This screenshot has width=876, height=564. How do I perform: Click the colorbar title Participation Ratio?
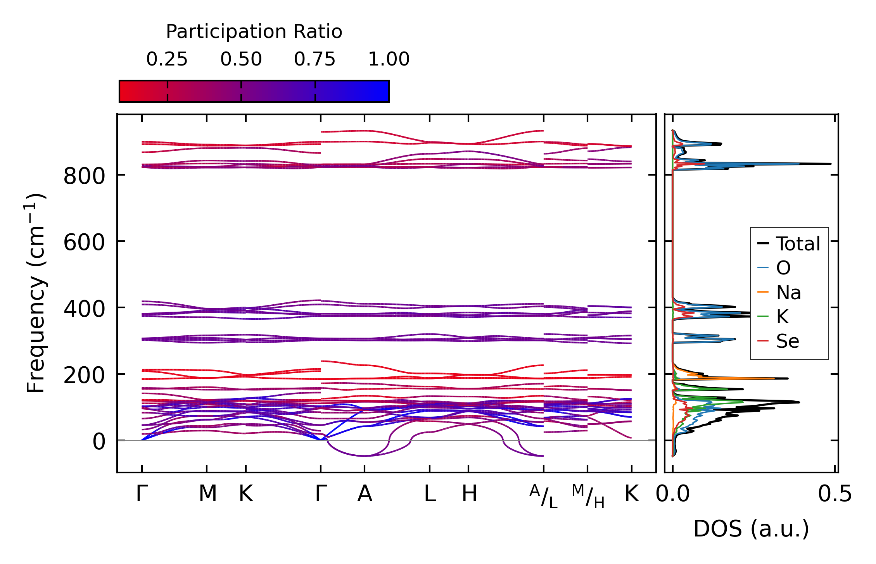254,32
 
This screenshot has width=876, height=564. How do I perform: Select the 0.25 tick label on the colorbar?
167,59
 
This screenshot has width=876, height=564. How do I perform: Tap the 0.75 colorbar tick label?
314,59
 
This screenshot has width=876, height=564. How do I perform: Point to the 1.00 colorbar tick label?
389,59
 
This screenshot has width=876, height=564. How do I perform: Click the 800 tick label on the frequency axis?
84,176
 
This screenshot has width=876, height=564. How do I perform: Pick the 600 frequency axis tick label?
84,243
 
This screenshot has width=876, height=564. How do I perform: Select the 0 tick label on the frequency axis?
98,442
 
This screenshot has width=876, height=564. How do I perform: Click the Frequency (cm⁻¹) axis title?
36,293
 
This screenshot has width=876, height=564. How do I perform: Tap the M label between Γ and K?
207,494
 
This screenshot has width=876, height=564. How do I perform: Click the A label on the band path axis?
365,494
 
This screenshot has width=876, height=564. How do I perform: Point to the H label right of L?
469,494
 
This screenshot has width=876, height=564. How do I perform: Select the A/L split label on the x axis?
543,496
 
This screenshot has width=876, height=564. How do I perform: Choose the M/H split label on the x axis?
588,496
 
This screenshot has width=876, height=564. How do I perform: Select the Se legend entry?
788,341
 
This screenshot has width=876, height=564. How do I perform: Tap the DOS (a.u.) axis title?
751,529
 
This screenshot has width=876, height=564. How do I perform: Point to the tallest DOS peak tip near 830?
831,164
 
